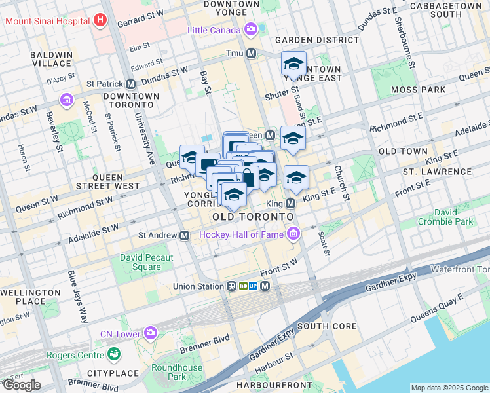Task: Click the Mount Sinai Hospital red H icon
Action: (100, 20)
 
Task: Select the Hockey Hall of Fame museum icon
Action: (292, 234)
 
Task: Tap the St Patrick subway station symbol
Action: (131, 84)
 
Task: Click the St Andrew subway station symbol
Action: (185, 235)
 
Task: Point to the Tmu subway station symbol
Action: (251, 53)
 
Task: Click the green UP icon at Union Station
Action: (252, 286)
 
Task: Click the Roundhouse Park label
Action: (177, 372)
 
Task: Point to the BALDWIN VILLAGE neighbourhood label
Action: (50, 59)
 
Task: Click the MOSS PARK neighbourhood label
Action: (417, 89)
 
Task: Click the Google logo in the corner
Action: (22, 385)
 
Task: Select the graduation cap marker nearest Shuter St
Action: (293, 64)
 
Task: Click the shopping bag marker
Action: (249, 178)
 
